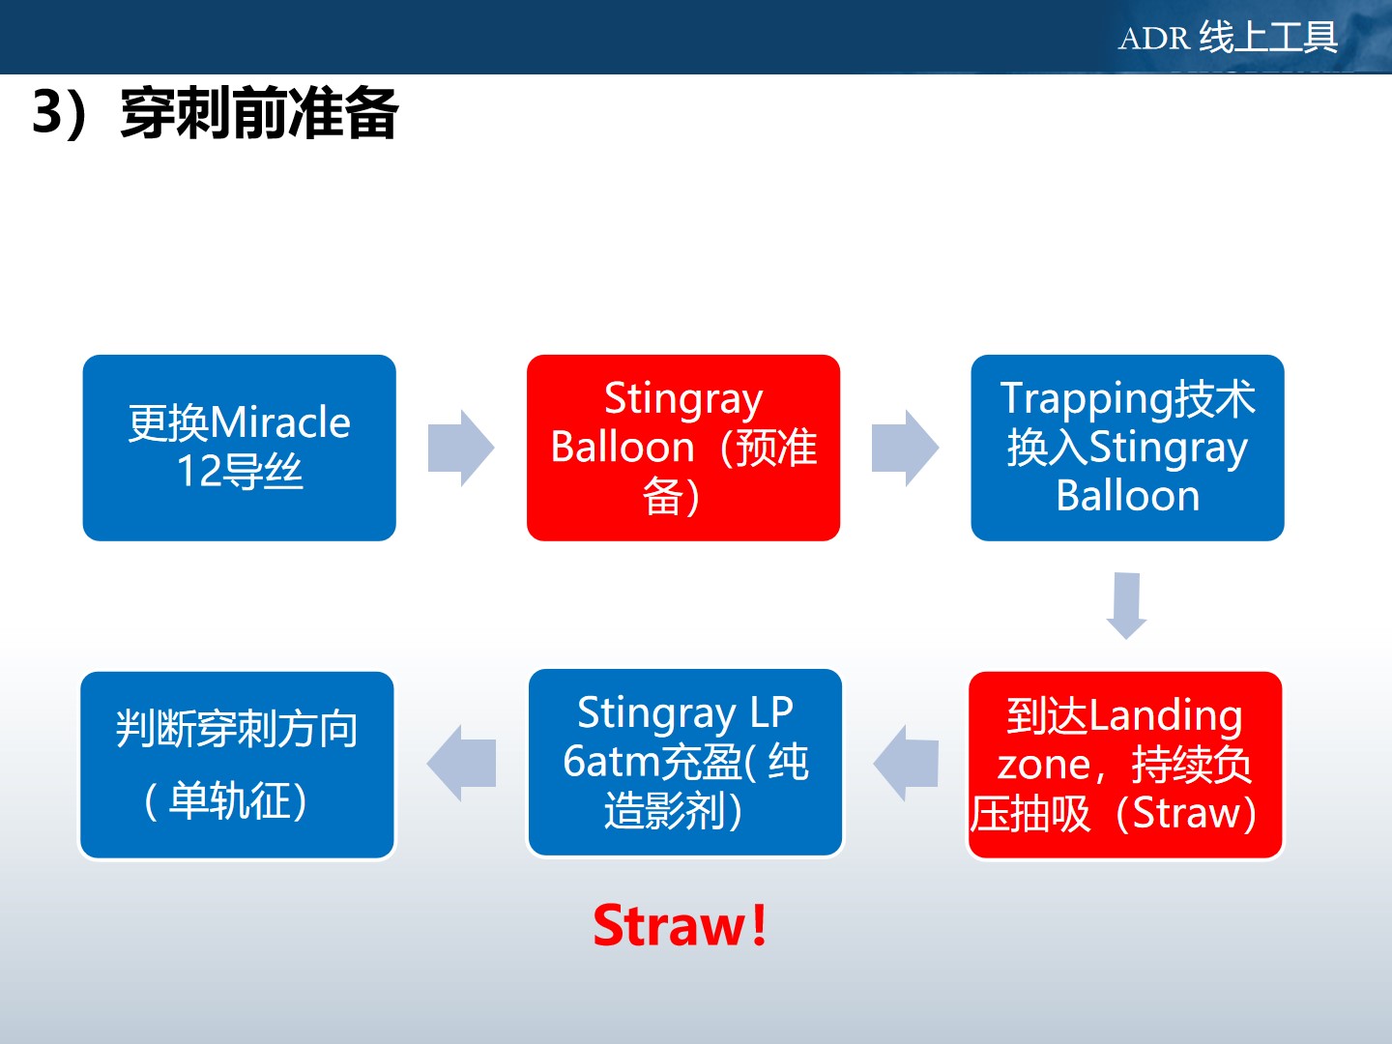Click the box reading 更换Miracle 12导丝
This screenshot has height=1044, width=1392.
tap(239, 448)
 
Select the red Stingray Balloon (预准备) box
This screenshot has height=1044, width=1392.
tap(683, 448)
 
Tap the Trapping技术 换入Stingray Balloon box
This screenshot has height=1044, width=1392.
tap(1127, 448)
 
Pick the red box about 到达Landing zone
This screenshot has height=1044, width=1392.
tap(1125, 765)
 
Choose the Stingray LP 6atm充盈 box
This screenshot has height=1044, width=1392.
tap(685, 762)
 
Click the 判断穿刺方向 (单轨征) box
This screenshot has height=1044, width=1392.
tap(237, 765)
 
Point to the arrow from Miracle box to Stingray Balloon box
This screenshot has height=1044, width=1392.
tap(461, 449)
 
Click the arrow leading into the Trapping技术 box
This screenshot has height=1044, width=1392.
tap(905, 449)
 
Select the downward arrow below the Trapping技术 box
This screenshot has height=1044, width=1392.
tap(1126, 606)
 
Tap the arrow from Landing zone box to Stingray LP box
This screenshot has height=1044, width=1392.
tap(906, 764)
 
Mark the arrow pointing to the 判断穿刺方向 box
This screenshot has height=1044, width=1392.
tap(461, 764)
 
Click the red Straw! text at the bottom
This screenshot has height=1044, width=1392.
tap(680, 926)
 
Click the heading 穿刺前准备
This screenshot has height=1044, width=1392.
tap(259, 113)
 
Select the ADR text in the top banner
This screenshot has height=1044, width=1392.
tap(1153, 38)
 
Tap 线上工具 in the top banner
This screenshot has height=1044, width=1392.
tap(1268, 37)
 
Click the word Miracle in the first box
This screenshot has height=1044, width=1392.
tap(279, 422)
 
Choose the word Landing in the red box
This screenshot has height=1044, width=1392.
tap(1165, 717)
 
